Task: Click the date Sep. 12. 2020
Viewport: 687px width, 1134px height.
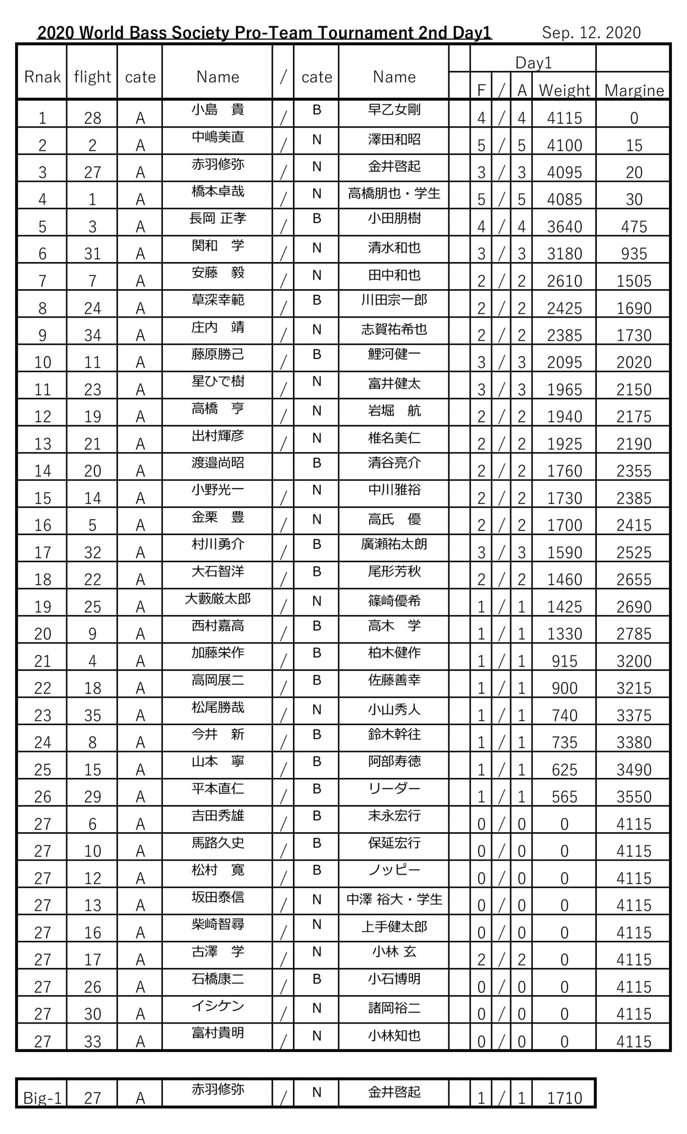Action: (x=591, y=33)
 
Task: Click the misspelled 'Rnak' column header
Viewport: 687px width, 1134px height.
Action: (x=42, y=77)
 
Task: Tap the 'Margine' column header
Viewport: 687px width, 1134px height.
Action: (x=633, y=90)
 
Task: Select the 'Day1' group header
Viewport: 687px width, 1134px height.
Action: (x=533, y=62)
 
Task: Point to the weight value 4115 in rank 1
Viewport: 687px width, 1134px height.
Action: (x=564, y=118)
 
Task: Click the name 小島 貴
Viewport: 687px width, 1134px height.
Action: (x=217, y=110)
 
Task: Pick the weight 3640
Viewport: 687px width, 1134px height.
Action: (x=564, y=227)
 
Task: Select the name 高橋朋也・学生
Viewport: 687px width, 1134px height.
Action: (x=394, y=193)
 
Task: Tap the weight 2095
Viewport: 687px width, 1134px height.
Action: (x=564, y=363)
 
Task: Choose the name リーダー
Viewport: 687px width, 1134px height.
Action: (x=394, y=789)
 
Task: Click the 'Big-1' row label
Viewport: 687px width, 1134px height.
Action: (x=42, y=1099)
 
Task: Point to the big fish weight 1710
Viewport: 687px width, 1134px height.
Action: (x=564, y=1099)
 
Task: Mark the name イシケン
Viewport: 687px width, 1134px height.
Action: (x=217, y=1006)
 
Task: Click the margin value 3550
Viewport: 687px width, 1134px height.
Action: (x=633, y=796)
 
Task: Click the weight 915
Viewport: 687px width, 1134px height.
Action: (x=564, y=661)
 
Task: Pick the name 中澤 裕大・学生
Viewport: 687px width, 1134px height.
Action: (x=394, y=899)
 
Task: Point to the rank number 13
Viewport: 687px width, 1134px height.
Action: (x=42, y=444)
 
